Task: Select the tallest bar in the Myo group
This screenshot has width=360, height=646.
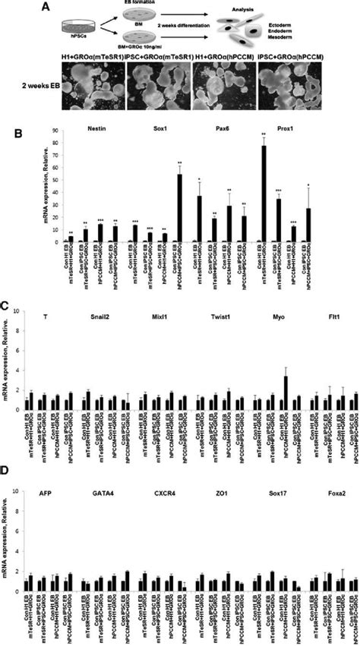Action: coord(285,392)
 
